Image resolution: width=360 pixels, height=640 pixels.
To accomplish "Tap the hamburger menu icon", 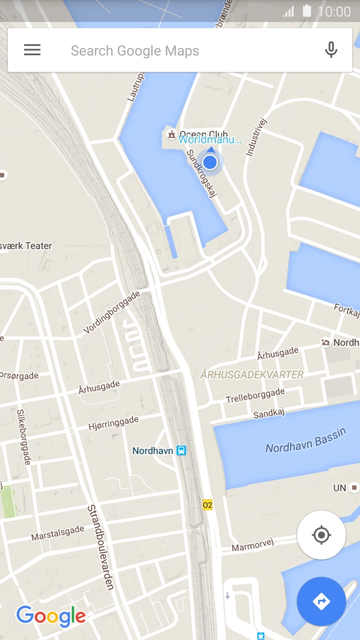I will (32, 50).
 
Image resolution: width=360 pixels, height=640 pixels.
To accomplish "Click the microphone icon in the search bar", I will (331, 50).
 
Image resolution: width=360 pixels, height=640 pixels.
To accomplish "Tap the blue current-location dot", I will (210, 162).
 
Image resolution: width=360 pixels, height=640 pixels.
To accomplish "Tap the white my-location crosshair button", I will (321, 535).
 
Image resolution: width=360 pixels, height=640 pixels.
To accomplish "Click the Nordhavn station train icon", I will (181, 451).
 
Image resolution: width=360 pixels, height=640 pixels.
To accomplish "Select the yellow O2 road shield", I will (208, 505).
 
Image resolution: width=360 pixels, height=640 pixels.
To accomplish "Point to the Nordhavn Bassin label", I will (305, 441).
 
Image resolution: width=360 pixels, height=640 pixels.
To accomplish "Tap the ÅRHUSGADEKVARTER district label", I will (252, 375).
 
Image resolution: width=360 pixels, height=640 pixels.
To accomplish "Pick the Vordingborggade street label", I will (112, 312).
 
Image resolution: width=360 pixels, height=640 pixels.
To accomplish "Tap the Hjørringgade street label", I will (113, 424).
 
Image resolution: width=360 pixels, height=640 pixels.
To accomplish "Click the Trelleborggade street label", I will (255, 395).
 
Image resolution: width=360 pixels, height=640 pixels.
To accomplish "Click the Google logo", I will (51, 616).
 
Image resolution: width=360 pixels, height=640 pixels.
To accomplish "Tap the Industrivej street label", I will (256, 136).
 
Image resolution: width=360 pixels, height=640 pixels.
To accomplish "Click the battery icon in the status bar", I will (307, 11).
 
